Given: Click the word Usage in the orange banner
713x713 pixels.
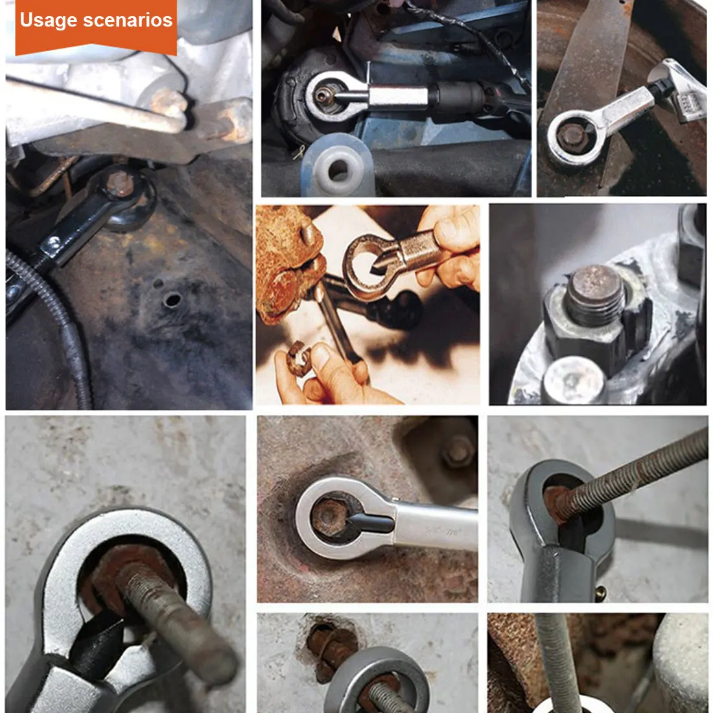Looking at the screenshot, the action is click(49, 21).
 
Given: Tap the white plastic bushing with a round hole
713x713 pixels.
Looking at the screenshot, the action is click(338, 167).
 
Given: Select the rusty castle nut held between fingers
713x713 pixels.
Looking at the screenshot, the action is click(299, 359).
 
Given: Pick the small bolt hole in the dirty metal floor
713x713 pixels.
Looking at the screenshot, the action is click(172, 299).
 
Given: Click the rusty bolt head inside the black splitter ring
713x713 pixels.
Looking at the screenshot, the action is click(119, 183).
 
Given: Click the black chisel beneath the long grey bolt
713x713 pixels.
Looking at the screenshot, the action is click(95, 646).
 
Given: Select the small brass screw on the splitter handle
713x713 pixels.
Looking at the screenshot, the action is click(601, 592).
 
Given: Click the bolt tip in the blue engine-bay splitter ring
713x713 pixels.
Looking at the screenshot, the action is click(323, 95).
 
